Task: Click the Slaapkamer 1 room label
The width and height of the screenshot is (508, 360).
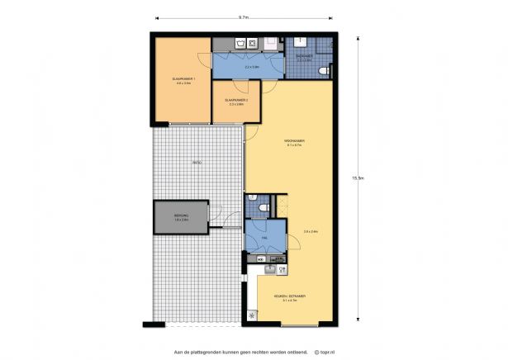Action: coord(181,80)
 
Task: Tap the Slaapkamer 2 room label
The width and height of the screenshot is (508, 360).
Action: coord(236,102)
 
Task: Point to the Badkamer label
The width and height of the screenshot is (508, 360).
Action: coord(304,57)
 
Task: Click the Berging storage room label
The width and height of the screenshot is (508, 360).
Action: coord(181,217)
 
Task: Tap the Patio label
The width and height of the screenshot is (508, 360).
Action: coord(197,163)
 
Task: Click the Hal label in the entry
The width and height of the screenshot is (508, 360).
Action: coord(263,237)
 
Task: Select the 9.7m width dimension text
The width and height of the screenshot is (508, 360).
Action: coord(244,17)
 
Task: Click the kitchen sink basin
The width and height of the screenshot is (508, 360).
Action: coord(269,268)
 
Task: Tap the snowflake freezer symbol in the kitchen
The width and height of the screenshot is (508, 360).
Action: coord(252,315)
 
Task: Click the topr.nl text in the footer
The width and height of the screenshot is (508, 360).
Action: coord(325,350)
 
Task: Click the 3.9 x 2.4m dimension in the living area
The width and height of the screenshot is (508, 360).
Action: coord(311,231)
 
